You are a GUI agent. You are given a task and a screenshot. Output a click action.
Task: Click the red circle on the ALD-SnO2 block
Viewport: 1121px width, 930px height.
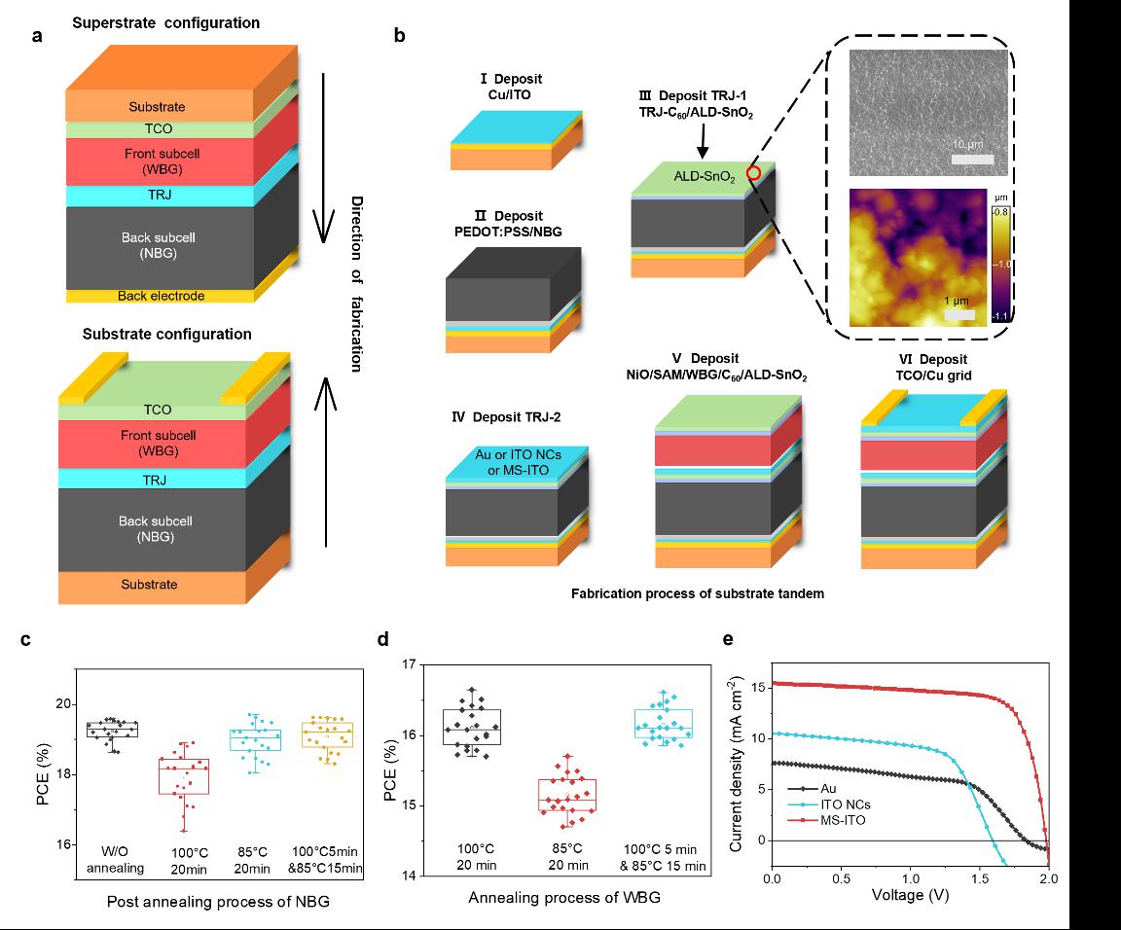click(753, 173)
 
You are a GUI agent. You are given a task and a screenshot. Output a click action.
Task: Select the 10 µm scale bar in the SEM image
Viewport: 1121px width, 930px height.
click(971, 159)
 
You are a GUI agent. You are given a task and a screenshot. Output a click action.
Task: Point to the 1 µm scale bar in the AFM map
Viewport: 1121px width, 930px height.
click(959, 315)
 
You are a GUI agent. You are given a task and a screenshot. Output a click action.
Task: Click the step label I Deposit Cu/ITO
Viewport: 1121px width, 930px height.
click(517, 86)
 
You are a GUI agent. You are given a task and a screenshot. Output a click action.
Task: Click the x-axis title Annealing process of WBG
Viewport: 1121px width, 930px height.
click(564, 897)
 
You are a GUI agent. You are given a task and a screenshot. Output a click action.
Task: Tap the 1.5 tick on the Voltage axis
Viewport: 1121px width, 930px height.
click(979, 878)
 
